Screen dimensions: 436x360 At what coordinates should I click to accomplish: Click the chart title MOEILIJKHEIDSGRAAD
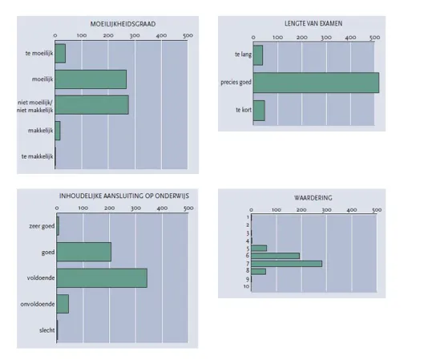pyautogui.click(x=123, y=24)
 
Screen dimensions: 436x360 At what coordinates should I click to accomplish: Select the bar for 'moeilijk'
pyautogui.click(x=91, y=79)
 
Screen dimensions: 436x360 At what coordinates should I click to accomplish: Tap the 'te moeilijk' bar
pyautogui.click(x=60, y=54)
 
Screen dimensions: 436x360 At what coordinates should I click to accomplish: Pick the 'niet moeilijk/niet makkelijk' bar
pyautogui.click(x=91, y=105)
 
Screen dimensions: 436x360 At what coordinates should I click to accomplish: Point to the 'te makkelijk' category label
pyautogui.click(x=37, y=156)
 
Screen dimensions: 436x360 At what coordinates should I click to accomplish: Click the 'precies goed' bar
pyautogui.click(x=316, y=83)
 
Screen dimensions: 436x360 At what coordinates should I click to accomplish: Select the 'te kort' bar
pyautogui.click(x=259, y=111)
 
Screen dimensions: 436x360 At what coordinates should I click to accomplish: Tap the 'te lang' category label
pyautogui.click(x=244, y=55)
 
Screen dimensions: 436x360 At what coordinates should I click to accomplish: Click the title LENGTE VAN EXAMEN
pyautogui.click(x=313, y=23)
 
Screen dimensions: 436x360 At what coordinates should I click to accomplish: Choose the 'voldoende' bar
pyautogui.click(x=102, y=278)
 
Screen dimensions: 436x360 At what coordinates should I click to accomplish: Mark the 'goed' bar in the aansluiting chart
pyautogui.click(x=84, y=252)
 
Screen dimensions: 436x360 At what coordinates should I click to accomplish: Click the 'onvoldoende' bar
pyautogui.click(x=63, y=304)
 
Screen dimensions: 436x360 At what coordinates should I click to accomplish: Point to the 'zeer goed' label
pyautogui.click(x=42, y=226)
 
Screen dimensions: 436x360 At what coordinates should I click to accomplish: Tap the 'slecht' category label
pyautogui.click(x=47, y=330)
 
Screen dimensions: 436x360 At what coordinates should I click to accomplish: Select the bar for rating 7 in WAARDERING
pyautogui.click(x=287, y=264)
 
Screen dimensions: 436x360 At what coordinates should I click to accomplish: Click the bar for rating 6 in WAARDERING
pyautogui.click(x=276, y=256)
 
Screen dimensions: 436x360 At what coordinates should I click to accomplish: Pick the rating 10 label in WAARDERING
pyautogui.click(x=246, y=286)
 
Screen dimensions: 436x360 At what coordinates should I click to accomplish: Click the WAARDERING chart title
pyautogui.click(x=313, y=198)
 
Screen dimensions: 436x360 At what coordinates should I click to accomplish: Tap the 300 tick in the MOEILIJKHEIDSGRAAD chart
pyautogui.click(x=135, y=35)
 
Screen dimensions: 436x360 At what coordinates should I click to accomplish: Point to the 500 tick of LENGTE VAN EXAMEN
pyautogui.click(x=375, y=38)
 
